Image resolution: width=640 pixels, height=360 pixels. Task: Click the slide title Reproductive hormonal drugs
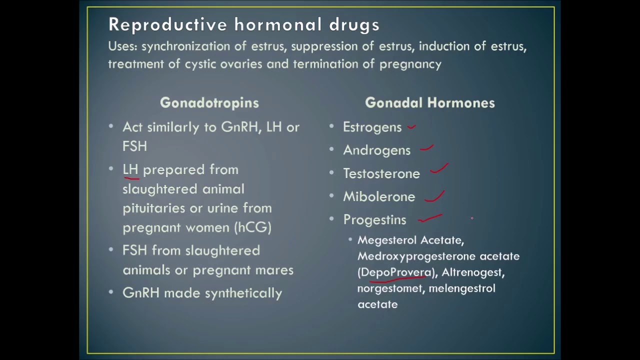click(x=243, y=24)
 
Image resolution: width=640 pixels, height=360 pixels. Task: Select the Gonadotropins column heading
click(x=209, y=103)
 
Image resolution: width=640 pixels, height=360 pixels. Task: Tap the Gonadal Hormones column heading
click(x=429, y=103)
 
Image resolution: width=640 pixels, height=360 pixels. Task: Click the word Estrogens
click(x=372, y=127)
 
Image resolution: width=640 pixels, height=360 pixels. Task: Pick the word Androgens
click(x=376, y=150)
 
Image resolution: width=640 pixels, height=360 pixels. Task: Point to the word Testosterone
click(x=381, y=174)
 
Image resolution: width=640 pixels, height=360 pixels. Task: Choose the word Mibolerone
click(x=378, y=197)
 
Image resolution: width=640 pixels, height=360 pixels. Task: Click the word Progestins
click(x=374, y=220)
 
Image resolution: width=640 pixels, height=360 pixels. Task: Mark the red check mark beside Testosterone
click(x=439, y=168)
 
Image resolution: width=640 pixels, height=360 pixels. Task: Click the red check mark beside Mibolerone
click(x=434, y=196)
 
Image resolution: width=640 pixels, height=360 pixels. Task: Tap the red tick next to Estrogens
click(x=411, y=127)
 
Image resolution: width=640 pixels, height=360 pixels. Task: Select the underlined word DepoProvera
click(x=395, y=272)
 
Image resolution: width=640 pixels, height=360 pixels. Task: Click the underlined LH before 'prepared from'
click(x=130, y=170)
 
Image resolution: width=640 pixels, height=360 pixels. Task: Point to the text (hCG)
click(x=252, y=227)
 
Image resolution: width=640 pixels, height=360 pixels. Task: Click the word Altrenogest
click(x=472, y=272)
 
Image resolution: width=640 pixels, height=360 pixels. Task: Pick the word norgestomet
click(x=390, y=288)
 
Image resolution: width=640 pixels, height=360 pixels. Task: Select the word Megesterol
click(x=387, y=240)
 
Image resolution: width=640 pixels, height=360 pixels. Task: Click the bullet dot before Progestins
click(x=331, y=219)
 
